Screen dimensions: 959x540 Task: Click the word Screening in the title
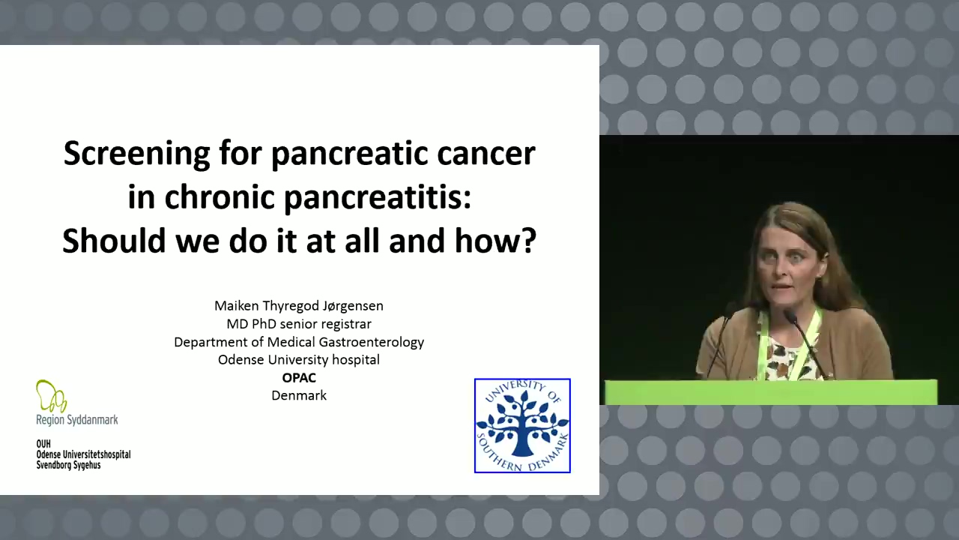click(x=137, y=154)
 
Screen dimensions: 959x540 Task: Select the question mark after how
click(x=529, y=241)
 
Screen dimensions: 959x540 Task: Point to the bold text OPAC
click(x=299, y=378)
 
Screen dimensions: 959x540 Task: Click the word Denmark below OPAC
click(x=299, y=395)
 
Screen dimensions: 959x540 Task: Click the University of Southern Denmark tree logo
click(x=522, y=425)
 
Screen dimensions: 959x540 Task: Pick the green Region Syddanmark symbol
click(x=51, y=396)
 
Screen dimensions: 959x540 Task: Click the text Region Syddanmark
click(x=77, y=420)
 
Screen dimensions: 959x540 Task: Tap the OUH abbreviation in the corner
click(x=43, y=444)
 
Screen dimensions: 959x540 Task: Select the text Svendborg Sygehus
click(x=68, y=466)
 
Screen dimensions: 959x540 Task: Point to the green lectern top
click(x=771, y=392)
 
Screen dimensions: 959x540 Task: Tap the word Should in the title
click(x=114, y=241)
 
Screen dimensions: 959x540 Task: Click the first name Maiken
click(x=236, y=306)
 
